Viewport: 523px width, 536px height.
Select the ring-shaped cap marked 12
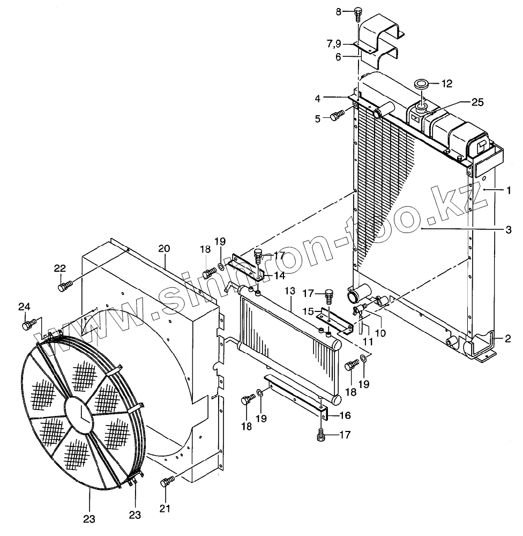click(x=421, y=84)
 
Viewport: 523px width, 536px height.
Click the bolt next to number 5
click(x=337, y=115)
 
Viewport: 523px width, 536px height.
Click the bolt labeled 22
click(x=63, y=288)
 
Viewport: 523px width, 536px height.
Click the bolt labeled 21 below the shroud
click(x=166, y=482)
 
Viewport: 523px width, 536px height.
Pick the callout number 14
click(x=279, y=276)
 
